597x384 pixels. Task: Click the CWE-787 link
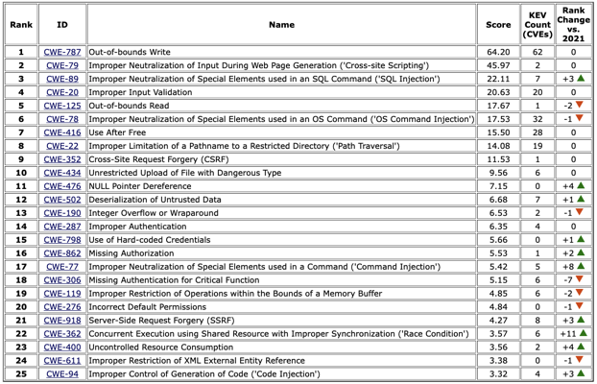[62, 52]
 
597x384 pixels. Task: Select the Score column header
[498, 25]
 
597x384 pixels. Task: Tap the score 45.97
[498, 65]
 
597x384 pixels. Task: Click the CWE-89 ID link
[62, 79]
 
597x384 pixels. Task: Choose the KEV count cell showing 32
[537, 119]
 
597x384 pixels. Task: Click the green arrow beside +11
[584, 333]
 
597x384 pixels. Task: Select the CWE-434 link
[62, 173]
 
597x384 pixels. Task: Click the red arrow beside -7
[581, 279]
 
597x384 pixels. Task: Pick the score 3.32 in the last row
[498, 373]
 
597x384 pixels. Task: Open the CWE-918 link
[62, 320]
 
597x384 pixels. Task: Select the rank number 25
[20, 373]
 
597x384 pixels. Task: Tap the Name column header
[281, 25]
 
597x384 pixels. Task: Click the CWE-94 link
[62, 373]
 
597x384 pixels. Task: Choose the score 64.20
[498, 52]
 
